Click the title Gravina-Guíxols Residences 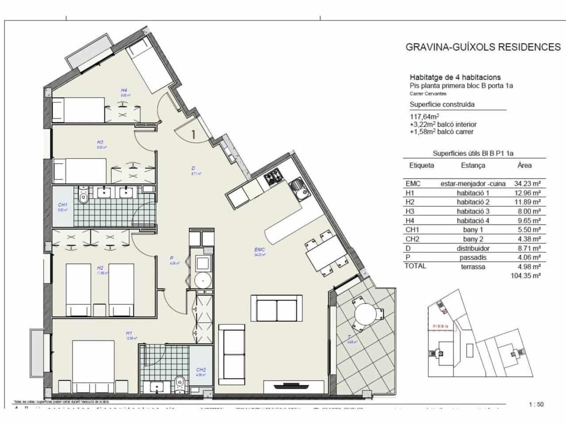tap(483, 47)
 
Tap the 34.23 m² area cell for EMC tap(528, 184)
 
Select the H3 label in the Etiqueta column tap(410, 212)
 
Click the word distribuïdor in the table tap(473, 248)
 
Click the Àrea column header tap(524, 166)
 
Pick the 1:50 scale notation tap(536, 404)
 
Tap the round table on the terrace tap(366, 313)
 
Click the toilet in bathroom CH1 tap(83, 197)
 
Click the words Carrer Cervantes tap(428, 94)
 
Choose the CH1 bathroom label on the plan tap(62, 205)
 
